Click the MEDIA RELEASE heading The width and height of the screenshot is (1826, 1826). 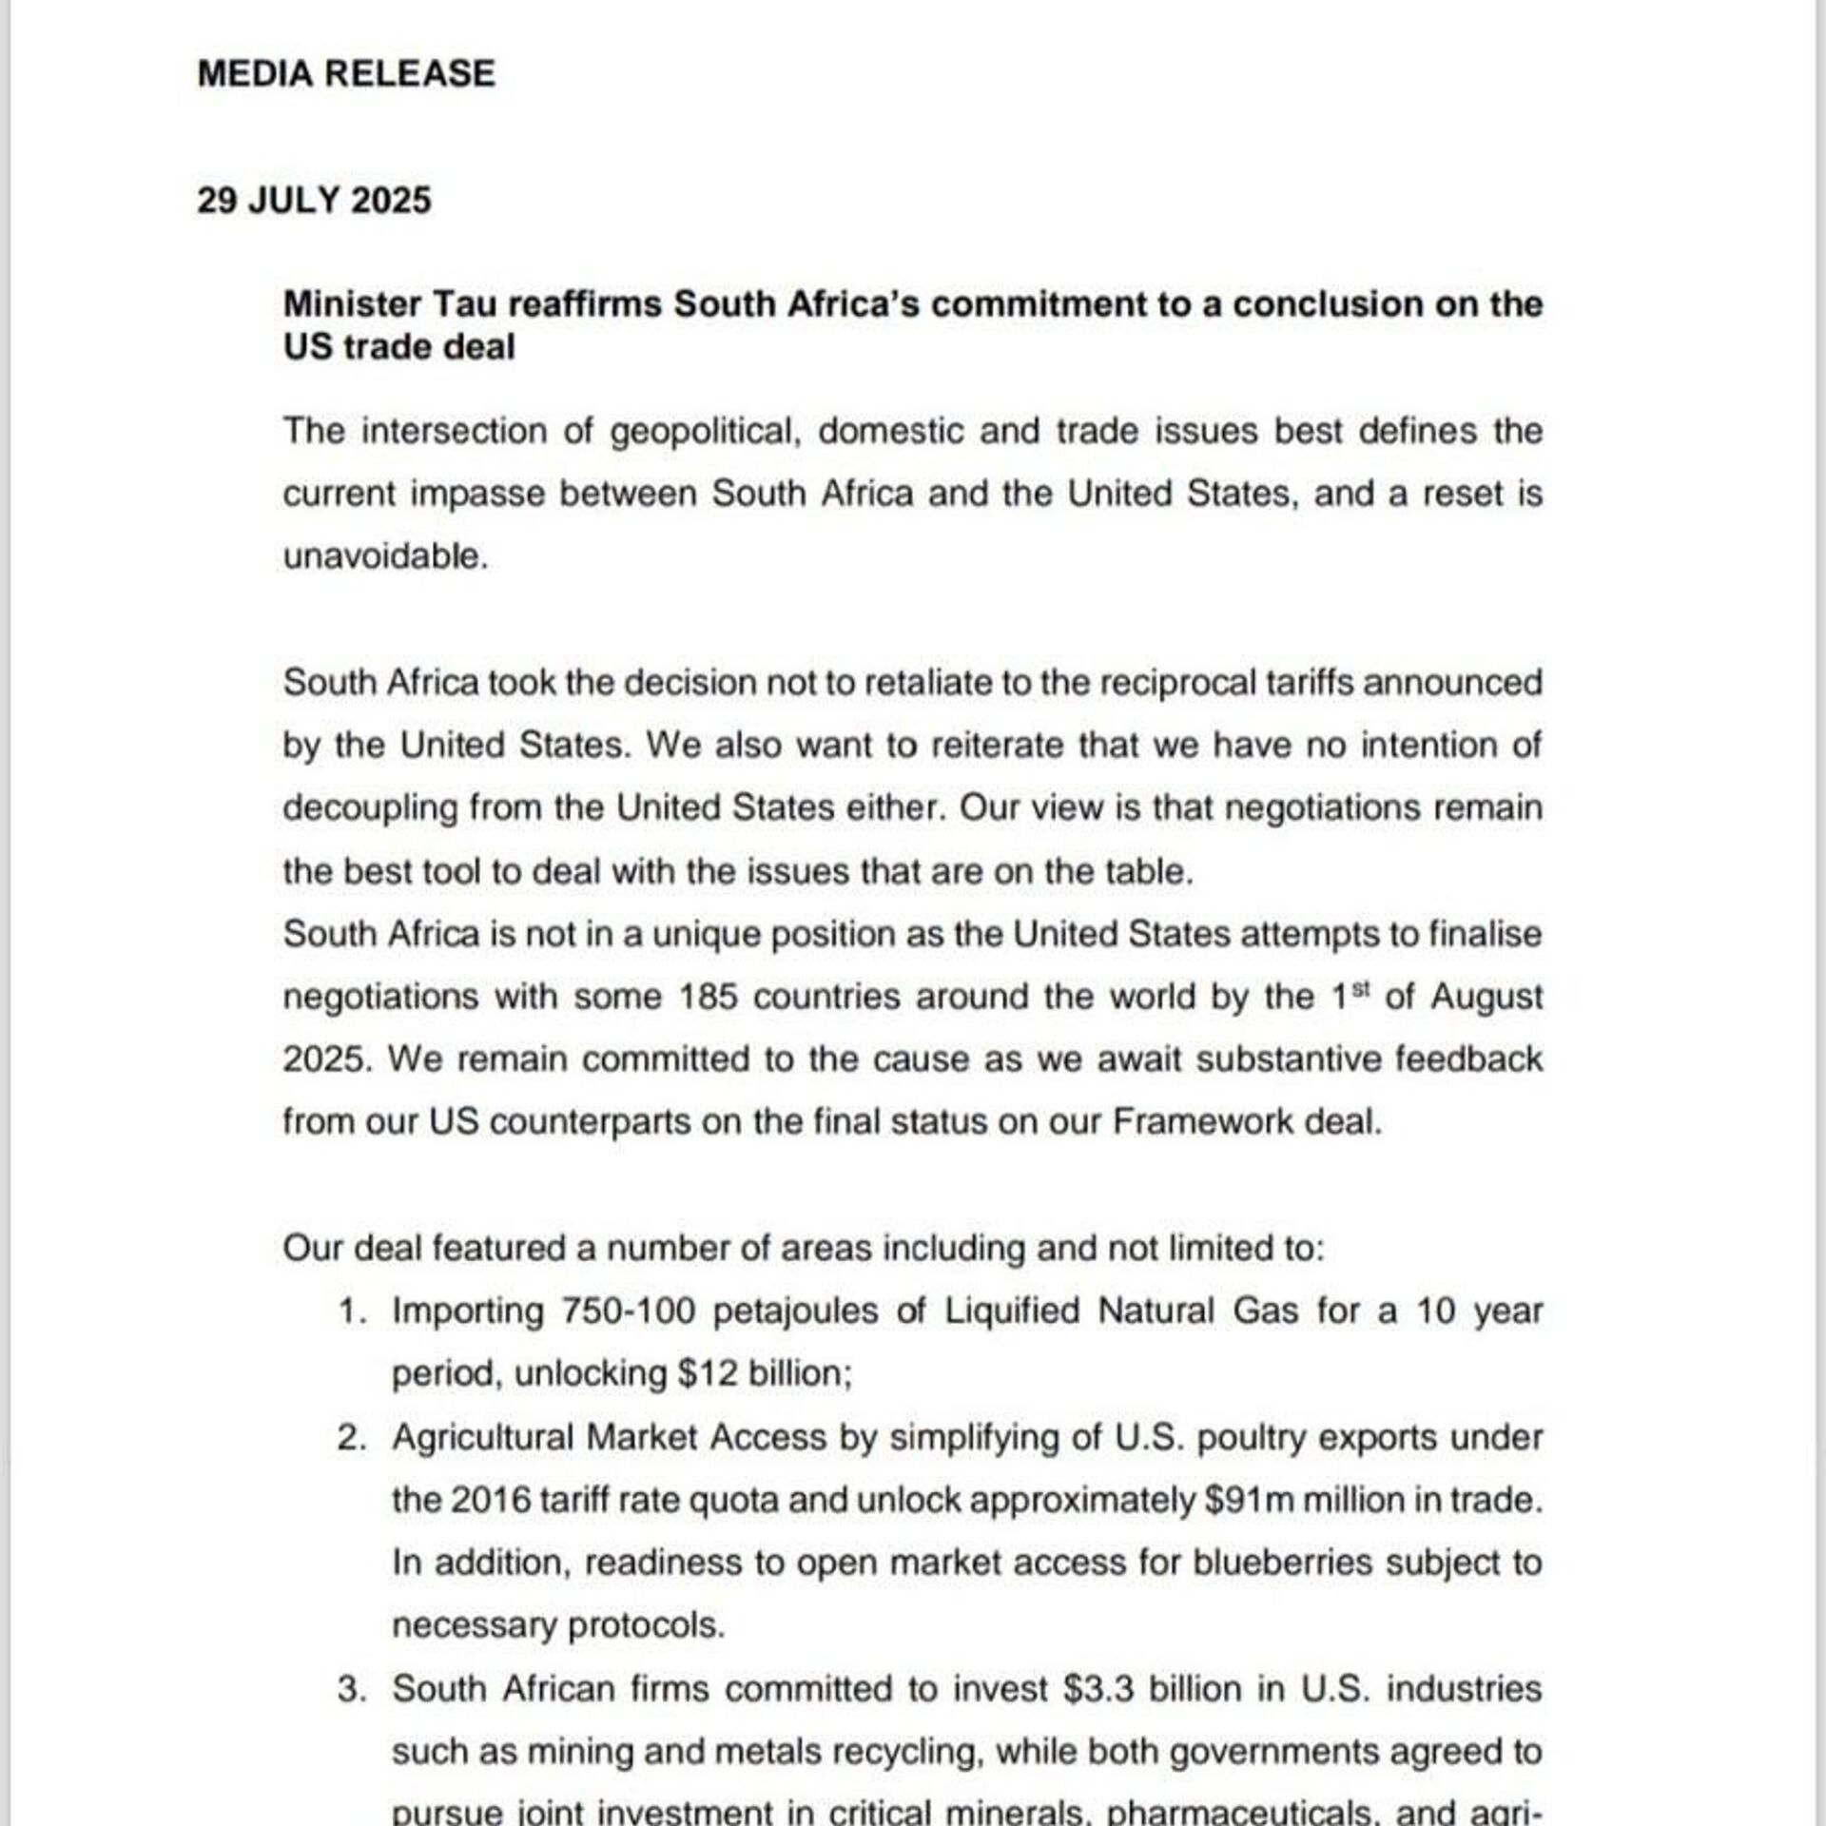click(346, 73)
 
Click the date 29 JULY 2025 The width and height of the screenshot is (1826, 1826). click(314, 200)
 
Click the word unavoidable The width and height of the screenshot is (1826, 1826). click(384, 556)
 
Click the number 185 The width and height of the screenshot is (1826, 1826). click(708, 997)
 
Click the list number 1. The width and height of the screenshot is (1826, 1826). click(351, 1311)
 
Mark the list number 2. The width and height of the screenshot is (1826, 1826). click(351, 1437)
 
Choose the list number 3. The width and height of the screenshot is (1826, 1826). click(351, 1689)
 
